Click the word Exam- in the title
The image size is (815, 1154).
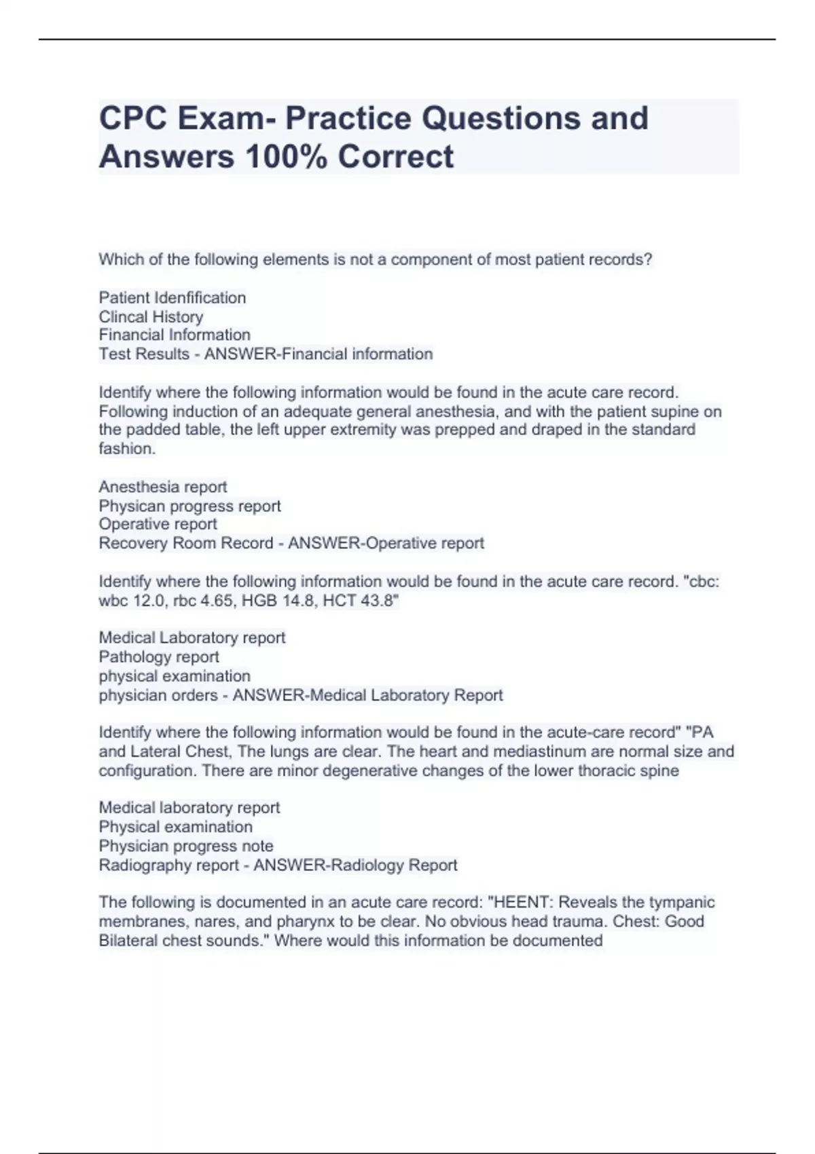(x=226, y=118)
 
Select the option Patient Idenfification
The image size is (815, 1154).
(x=172, y=298)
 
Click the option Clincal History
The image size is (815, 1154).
(x=151, y=317)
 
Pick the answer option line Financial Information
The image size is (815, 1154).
(x=175, y=335)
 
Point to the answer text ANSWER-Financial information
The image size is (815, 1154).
(x=319, y=354)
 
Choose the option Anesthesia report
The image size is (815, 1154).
(x=162, y=487)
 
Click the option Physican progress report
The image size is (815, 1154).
(x=189, y=506)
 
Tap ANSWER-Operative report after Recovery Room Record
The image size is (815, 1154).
(x=386, y=544)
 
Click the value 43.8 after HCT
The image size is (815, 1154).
(x=378, y=601)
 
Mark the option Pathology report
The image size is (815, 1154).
(x=159, y=657)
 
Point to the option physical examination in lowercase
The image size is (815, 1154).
(x=175, y=677)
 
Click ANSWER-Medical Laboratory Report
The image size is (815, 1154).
(x=367, y=696)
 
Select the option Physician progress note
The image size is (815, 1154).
(x=186, y=846)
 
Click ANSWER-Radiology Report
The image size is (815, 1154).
(x=355, y=865)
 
